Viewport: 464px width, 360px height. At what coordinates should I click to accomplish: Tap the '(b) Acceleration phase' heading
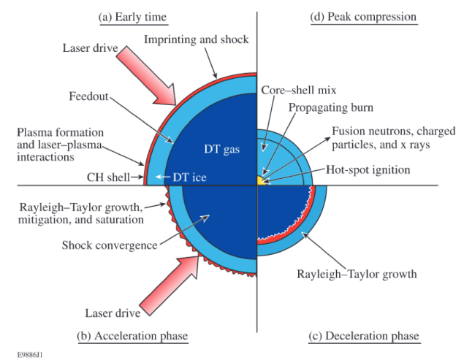coord(132,336)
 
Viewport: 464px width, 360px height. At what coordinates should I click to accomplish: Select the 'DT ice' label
coord(190,176)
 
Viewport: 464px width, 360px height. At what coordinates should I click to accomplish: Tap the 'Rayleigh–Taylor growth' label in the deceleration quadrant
coord(358,274)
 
